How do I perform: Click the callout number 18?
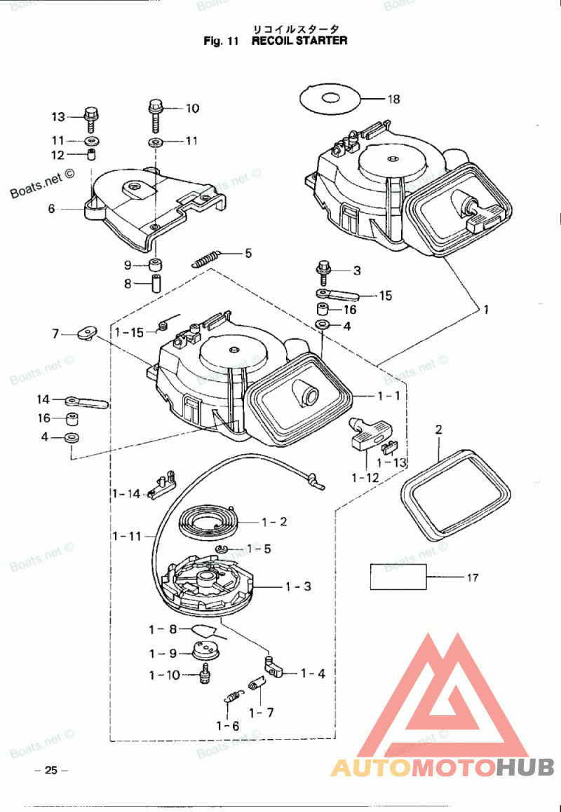393,99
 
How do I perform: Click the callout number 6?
51,209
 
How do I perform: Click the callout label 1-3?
298,586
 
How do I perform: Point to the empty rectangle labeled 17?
398,577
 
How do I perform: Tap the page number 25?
50,770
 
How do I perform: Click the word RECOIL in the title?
275,41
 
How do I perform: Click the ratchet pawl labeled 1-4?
273,666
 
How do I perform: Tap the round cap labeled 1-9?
206,650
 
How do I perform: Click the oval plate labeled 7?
89,332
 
